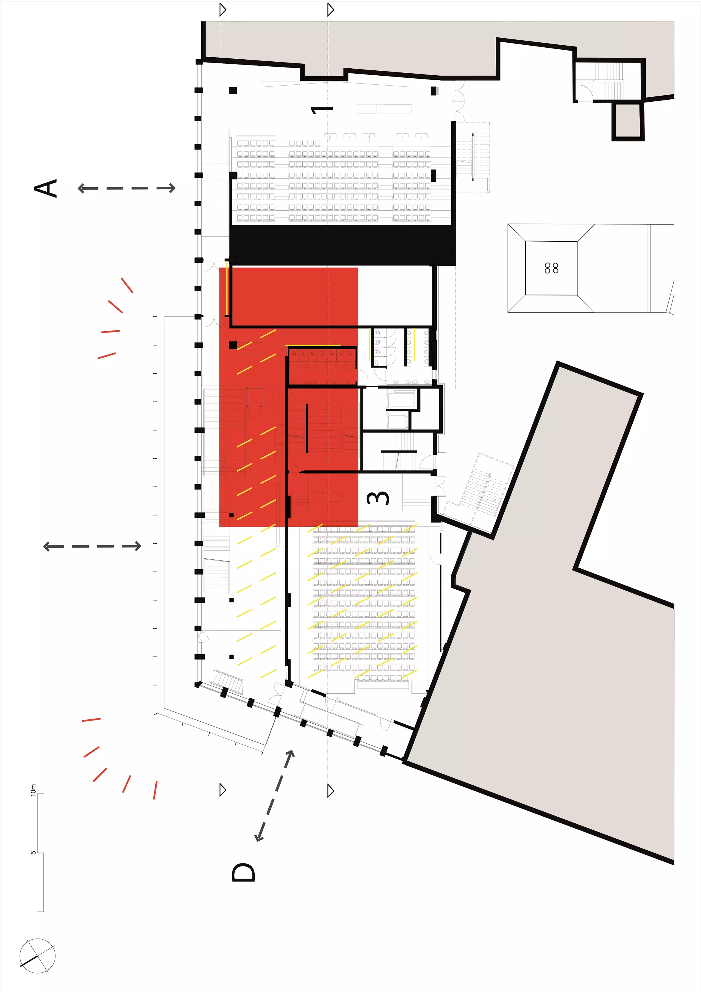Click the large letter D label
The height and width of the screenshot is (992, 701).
click(x=244, y=872)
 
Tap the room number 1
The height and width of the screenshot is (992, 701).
click(x=322, y=110)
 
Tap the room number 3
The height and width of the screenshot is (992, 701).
click(x=378, y=498)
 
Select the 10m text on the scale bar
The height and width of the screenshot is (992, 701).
click(x=34, y=790)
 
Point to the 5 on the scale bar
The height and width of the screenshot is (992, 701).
click(x=33, y=852)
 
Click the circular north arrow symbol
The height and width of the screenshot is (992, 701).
click(x=38, y=956)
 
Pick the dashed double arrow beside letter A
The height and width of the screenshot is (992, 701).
click(x=126, y=188)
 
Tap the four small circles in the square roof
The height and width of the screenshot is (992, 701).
click(x=551, y=268)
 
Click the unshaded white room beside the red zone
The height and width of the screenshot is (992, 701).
click(x=395, y=296)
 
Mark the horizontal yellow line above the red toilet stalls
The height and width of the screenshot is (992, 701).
click(x=313, y=345)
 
